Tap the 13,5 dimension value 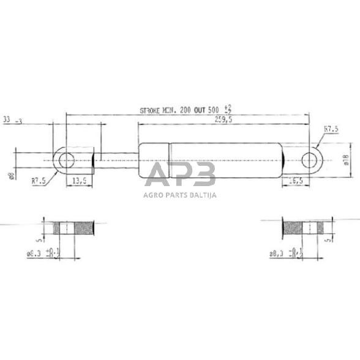pos(79,181)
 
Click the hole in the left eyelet pos(65,160)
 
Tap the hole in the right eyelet pos(311,160)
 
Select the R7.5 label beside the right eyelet pos(331,129)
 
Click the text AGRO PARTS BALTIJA pos(180,195)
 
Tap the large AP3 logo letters pos(180,175)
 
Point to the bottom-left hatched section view pos(74,228)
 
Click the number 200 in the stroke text pos(182,111)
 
